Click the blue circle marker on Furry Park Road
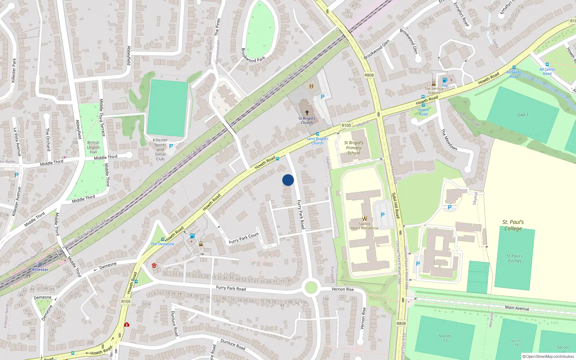tap(288, 180)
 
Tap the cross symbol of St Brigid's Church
tap(307, 113)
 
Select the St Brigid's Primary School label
tap(354, 148)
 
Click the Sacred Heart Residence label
tap(364, 226)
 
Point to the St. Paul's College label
tap(513, 225)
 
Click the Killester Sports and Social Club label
tap(160, 149)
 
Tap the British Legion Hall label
tap(93, 147)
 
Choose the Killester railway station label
tap(40, 269)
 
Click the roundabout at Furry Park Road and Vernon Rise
tap(311, 288)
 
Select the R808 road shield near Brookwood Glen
tap(369, 75)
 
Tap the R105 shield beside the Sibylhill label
tap(346, 125)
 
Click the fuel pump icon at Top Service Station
tap(445, 80)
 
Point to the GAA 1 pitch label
tap(523, 115)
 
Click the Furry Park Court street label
tap(244, 238)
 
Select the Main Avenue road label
tap(517, 308)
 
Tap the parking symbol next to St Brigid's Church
tap(323, 97)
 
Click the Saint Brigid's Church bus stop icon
tap(317, 134)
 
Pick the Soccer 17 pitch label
tap(445, 338)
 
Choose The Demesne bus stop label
tap(162, 244)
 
